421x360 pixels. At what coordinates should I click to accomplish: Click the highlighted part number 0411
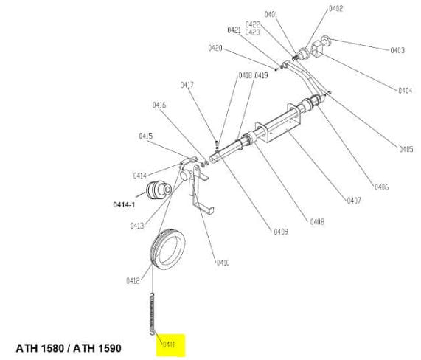tap(169, 345)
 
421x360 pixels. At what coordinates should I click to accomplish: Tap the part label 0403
tap(397, 50)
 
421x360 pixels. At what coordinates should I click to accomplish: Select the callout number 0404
tap(405, 90)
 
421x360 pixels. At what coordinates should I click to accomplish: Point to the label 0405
tap(406, 149)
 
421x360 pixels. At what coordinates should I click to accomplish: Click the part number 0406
tap(381, 187)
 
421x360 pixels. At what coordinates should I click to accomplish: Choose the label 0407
tap(354, 201)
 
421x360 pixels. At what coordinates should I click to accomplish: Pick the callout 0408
tap(317, 221)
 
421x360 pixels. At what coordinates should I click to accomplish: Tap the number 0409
tap(281, 232)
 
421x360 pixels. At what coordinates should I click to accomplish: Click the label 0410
tap(223, 263)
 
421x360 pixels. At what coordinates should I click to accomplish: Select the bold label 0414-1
tap(124, 205)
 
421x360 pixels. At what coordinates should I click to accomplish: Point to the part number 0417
tap(187, 85)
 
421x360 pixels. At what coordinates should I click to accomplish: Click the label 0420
tap(215, 49)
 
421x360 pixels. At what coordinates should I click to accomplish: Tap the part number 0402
tap(336, 9)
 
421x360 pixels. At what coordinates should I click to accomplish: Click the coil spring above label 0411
tap(152, 314)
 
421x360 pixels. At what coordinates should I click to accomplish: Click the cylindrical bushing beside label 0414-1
tap(159, 190)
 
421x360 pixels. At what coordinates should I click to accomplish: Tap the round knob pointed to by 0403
tap(325, 40)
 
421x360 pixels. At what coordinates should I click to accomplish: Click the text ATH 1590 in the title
tap(97, 348)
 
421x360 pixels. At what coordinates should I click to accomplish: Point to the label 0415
tap(146, 136)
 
